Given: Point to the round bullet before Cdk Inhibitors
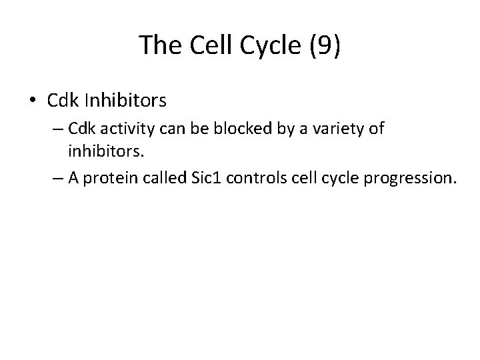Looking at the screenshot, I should [x=33, y=101].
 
